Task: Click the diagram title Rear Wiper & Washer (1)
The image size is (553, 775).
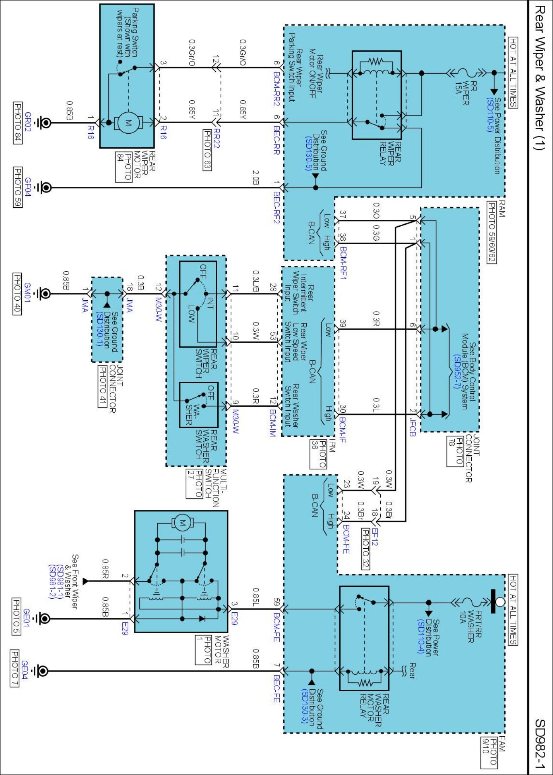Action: pos(539,77)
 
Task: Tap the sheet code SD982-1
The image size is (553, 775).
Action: pos(539,744)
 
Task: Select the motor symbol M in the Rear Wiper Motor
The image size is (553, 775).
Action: pos(128,123)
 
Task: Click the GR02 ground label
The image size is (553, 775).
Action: pos(28,122)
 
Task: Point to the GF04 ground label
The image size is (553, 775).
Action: pos(28,187)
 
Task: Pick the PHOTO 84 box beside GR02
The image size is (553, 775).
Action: pos(18,123)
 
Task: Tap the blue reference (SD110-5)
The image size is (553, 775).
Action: pos(490,115)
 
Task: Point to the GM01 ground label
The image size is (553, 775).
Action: pos(27,293)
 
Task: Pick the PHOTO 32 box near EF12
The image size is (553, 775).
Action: pos(365,549)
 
